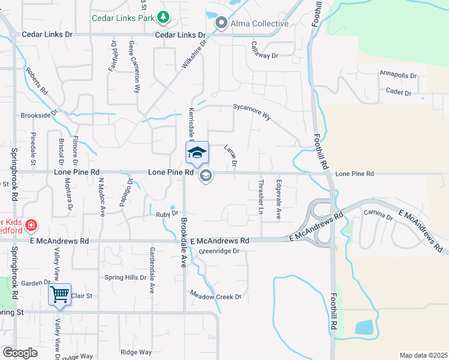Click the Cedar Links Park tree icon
click(163, 18)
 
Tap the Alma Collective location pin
click(221, 24)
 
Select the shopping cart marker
click(59, 294)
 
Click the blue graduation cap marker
click(196, 153)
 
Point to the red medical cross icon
click(31, 227)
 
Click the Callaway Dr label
click(265, 51)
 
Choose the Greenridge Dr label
click(219, 251)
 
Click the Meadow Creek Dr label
click(215, 295)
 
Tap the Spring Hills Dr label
click(125, 278)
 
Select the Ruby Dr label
click(167, 214)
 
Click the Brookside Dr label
click(39, 114)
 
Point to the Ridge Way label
click(136, 352)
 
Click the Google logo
click(20, 353)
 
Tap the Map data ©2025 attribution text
click(423, 355)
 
